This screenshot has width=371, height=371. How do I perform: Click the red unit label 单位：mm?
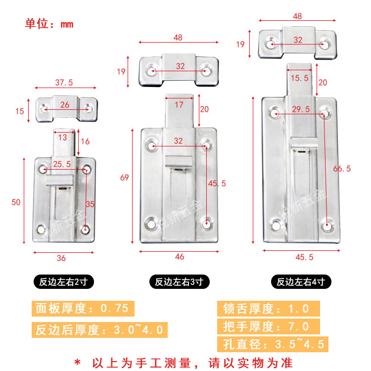click(49, 24)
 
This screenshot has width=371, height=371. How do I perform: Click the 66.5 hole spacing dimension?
click(342, 168)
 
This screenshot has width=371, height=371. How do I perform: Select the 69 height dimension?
click(125, 177)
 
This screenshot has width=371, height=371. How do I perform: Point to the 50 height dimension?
click(16, 202)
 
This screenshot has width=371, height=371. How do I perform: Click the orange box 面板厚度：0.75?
click(82, 309)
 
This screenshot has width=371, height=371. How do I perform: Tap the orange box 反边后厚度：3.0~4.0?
click(99, 329)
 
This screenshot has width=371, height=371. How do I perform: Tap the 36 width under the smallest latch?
click(61, 258)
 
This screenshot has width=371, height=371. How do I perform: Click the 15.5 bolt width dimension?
click(299, 78)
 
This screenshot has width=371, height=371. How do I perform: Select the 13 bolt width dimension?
click(64, 137)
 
